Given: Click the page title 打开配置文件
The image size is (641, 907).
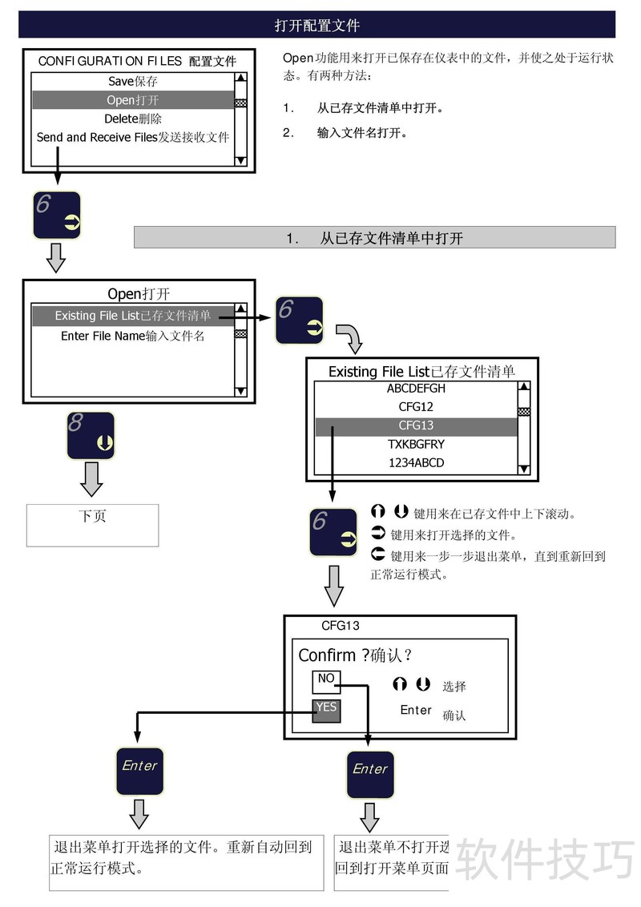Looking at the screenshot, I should (316, 26).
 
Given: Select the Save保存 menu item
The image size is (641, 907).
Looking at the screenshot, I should (133, 81).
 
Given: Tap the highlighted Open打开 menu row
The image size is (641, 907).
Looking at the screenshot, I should (133, 100).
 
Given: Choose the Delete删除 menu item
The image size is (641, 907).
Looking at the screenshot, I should (133, 119).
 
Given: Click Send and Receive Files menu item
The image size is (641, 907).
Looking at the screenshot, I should (133, 137).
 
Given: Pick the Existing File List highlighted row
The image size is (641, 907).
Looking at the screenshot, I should (133, 316).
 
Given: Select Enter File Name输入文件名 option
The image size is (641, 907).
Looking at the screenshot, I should (133, 336).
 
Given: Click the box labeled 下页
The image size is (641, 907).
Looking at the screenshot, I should (93, 525).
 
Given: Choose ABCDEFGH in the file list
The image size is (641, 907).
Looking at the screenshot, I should (416, 389).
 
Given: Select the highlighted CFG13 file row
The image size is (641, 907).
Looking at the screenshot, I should (416, 425).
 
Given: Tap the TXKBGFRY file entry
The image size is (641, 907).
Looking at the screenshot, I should (416, 444).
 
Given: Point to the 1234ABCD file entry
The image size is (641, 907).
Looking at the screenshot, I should (416, 462).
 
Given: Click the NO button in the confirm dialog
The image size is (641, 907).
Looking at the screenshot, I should (326, 679).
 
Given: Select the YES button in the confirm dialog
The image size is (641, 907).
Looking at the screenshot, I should (326, 708).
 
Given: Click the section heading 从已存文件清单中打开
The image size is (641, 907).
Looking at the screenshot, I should (374, 238).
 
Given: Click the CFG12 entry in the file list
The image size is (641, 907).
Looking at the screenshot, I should (416, 407).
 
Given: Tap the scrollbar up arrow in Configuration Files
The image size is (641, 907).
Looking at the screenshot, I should (240, 79).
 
